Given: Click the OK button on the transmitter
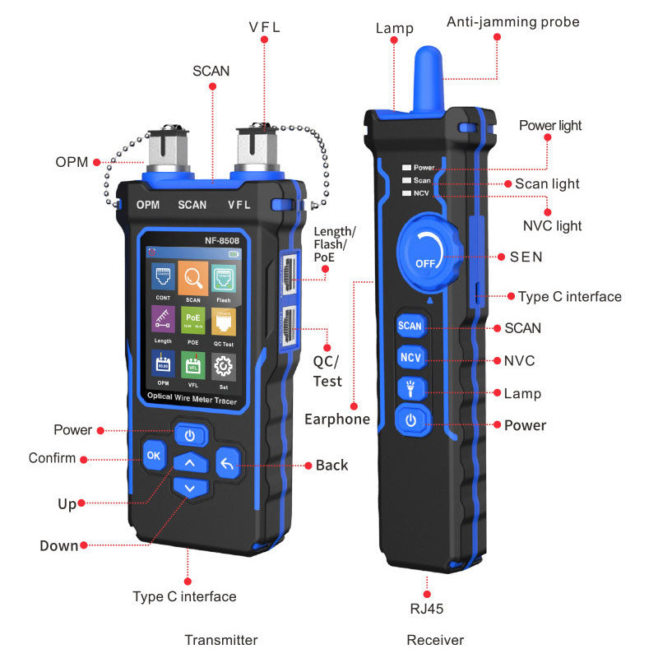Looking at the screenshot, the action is (x=154, y=456).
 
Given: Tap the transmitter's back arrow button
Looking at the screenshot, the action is (x=228, y=464).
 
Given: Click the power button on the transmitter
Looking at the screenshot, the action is (x=190, y=435).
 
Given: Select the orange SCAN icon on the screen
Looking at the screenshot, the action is (x=193, y=278).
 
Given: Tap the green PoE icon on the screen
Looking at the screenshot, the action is (x=193, y=320).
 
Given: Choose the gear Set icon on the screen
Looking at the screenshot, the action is (x=223, y=367).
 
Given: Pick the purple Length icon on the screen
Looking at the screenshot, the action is (x=163, y=319).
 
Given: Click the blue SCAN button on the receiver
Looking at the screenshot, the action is (x=410, y=325).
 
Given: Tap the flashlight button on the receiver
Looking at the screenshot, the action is (x=410, y=388).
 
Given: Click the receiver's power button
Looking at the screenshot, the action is (x=410, y=420).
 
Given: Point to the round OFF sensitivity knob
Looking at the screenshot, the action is (x=429, y=253).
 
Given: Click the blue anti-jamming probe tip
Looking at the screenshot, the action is (x=429, y=80).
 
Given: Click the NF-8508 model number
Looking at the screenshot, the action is (x=222, y=240).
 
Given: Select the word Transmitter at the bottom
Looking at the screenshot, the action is (x=221, y=640).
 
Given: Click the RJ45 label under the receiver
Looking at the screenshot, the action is (x=426, y=609).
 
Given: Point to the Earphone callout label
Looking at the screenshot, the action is (x=337, y=419).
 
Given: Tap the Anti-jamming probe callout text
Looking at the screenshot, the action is (x=512, y=22).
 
